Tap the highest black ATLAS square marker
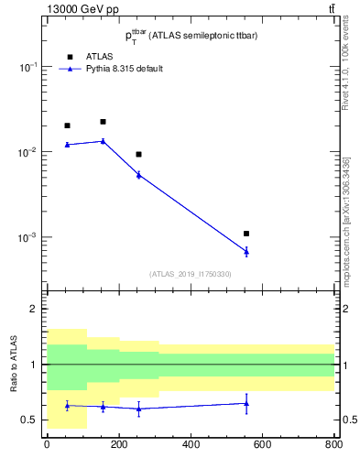click(x=103, y=122)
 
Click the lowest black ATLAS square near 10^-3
click(x=246, y=234)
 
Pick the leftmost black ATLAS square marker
click(x=67, y=125)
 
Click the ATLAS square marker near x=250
click(x=138, y=154)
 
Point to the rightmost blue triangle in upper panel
click(x=246, y=251)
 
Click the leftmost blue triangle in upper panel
click(x=67, y=145)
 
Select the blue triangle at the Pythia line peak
click(x=103, y=141)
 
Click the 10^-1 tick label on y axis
click(x=27, y=68)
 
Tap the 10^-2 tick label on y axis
click(x=27, y=153)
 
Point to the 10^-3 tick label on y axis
click(x=27, y=238)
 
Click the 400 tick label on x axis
click(x=191, y=446)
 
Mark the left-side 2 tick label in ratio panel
click(x=34, y=310)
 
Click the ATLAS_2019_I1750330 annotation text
click(x=191, y=274)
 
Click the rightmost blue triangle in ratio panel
click(x=246, y=403)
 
